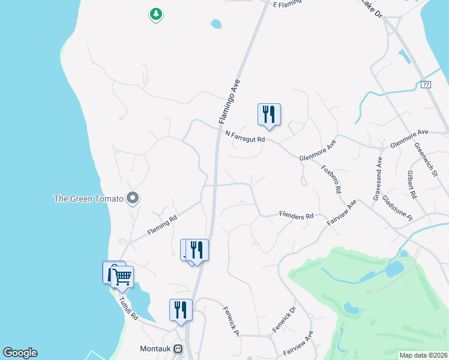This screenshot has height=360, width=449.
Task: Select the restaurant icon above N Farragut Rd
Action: coord(269,115)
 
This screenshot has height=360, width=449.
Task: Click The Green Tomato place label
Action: coord(88,199)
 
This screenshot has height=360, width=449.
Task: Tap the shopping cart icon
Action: coord(122,277)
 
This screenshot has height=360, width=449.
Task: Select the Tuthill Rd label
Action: coord(128,308)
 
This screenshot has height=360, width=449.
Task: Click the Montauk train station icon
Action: coord(178,349)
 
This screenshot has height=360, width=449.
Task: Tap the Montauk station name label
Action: coord(156,349)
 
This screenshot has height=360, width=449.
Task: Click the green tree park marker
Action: coord(156,14)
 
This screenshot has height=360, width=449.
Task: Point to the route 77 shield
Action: coord(426,85)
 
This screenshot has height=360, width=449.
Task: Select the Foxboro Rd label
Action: coord(332,179)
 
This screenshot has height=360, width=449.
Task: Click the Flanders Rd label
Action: coord(297,215)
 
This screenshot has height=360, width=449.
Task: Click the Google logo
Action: coord(20,353)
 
